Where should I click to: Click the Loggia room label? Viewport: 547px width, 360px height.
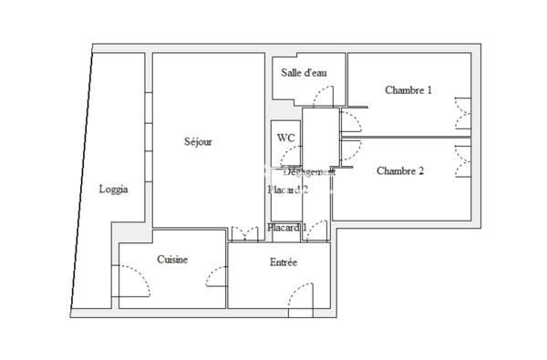point(113,190)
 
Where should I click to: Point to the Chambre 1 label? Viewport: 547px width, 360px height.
point(408,89)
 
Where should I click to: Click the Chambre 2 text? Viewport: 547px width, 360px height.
point(400,170)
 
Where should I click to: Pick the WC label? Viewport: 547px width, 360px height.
point(285,138)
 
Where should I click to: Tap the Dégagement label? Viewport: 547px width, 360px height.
point(309,171)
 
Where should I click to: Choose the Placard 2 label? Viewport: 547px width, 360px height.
point(288,190)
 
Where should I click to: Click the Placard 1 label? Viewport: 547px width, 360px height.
point(287,228)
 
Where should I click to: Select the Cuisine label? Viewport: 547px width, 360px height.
point(172,260)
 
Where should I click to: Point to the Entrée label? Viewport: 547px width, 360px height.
point(283,262)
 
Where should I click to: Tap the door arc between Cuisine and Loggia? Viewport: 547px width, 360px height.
point(133,279)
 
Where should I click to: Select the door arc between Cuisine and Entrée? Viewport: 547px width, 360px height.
point(217,274)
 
